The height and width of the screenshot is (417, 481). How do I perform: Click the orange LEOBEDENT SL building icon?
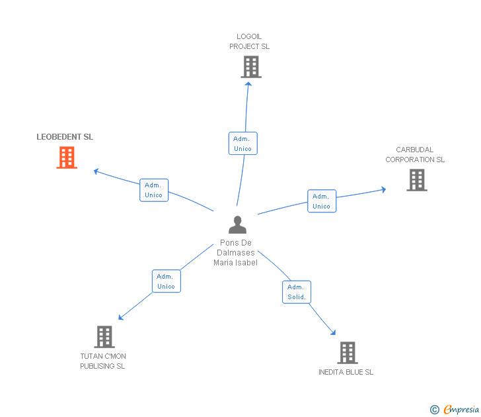tap(67, 158)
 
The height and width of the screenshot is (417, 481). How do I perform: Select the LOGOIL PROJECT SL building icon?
tap(250, 67)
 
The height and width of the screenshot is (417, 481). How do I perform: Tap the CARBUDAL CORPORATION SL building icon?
tap(416, 180)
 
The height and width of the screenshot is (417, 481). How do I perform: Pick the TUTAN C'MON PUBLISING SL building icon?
tap(104, 336)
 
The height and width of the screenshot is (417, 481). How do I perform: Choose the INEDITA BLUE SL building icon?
tap(348, 353)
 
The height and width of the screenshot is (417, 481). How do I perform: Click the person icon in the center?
tap(237, 225)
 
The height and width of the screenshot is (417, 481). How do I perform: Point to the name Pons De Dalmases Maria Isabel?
tap(236, 253)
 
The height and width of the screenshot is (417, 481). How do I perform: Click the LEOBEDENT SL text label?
tap(65, 137)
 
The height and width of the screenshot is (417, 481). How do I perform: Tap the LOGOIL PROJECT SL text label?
tap(250, 42)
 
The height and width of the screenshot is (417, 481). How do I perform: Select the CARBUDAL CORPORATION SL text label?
tap(415, 155)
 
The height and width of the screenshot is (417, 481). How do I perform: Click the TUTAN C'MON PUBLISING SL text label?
tap(102, 361)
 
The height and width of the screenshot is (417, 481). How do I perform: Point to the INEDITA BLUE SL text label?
tap(346, 372)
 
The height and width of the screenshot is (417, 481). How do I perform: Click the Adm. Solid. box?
tap(297, 292)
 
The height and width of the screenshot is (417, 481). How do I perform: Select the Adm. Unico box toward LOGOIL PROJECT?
tap(242, 144)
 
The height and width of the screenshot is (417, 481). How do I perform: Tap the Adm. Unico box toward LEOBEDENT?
tap(153, 190)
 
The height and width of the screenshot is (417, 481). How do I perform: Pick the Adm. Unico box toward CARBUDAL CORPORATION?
tap(321, 201)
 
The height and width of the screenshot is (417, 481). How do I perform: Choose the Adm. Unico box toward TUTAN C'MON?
tap(166, 281)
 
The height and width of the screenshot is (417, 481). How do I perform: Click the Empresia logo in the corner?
tap(461, 410)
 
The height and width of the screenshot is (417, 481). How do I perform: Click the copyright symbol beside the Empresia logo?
tap(435, 410)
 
